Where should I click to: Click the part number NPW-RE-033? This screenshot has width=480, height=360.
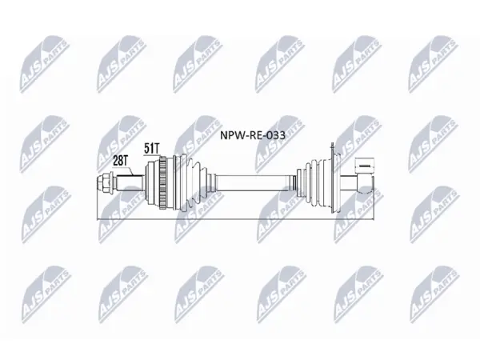pyautogui.click(x=253, y=135)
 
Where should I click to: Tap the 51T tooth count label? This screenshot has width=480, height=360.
pyautogui.click(x=152, y=149)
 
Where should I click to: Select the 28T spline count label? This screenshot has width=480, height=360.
pyautogui.click(x=121, y=161)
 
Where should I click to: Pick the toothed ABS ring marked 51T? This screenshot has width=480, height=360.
pyautogui.click(x=163, y=183)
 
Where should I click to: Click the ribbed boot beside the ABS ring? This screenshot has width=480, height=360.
pyautogui.click(x=190, y=182)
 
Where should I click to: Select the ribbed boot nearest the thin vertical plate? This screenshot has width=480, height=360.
pyautogui.click(x=318, y=183)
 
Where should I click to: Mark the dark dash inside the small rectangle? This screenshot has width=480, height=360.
pyautogui.click(x=364, y=166)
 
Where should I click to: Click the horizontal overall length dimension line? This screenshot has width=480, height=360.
pyautogui.click(x=235, y=219)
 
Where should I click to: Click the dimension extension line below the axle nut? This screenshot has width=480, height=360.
pyautogui.click(x=97, y=206)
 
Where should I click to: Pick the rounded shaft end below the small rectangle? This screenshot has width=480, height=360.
pyautogui.click(x=366, y=184)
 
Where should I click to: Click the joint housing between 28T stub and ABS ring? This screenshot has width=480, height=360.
pyautogui.click(x=152, y=183)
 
